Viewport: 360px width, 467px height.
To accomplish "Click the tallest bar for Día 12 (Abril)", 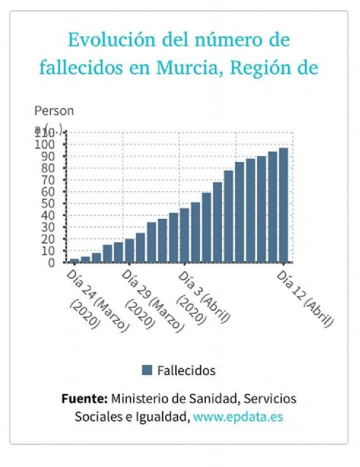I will click(x=283, y=205).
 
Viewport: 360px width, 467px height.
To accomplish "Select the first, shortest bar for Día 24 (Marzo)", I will click(x=74, y=260).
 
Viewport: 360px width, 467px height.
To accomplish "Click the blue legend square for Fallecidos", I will click(x=147, y=370).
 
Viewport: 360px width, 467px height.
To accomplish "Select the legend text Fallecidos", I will click(x=186, y=371).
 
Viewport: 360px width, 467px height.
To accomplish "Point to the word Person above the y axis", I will click(x=54, y=111).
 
